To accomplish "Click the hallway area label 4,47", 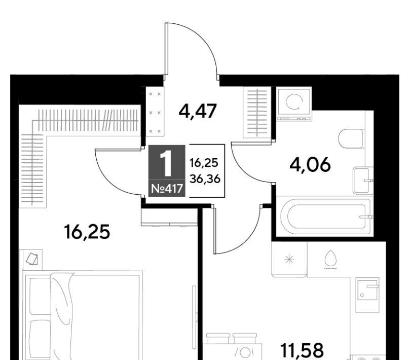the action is [x=198, y=111].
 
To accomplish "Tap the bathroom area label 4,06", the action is [x=310, y=165].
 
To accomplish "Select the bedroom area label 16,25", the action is [x=87, y=232].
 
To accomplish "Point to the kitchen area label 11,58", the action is [x=302, y=350].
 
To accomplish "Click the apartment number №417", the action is [x=167, y=189].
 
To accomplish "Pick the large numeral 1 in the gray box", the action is [x=166, y=164].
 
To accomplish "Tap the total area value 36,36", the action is [x=205, y=179].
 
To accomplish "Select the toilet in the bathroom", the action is [x=351, y=138].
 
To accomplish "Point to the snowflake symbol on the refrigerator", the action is [x=289, y=260].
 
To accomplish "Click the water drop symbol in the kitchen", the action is [x=330, y=259].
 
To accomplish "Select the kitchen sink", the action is [x=367, y=295].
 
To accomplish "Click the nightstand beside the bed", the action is [x=32, y=259].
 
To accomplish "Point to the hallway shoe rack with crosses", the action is [x=155, y=112].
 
